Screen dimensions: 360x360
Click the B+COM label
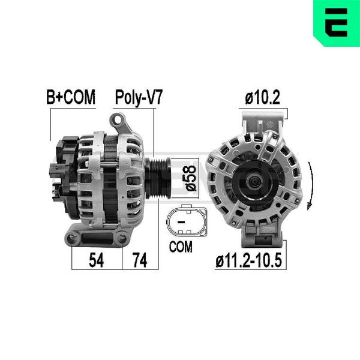coord(71,97)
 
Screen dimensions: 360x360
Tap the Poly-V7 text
coord(139,98)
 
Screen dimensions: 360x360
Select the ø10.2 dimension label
coord(263,98)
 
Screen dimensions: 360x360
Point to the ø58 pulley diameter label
coord(191,178)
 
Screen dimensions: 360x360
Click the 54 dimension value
coord(97,260)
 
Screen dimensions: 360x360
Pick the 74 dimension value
coord(140,260)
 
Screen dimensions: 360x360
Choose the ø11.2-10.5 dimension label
coord(248,260)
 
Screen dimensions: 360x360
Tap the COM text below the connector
coord(181,247)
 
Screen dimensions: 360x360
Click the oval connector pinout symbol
coord(187,221)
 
